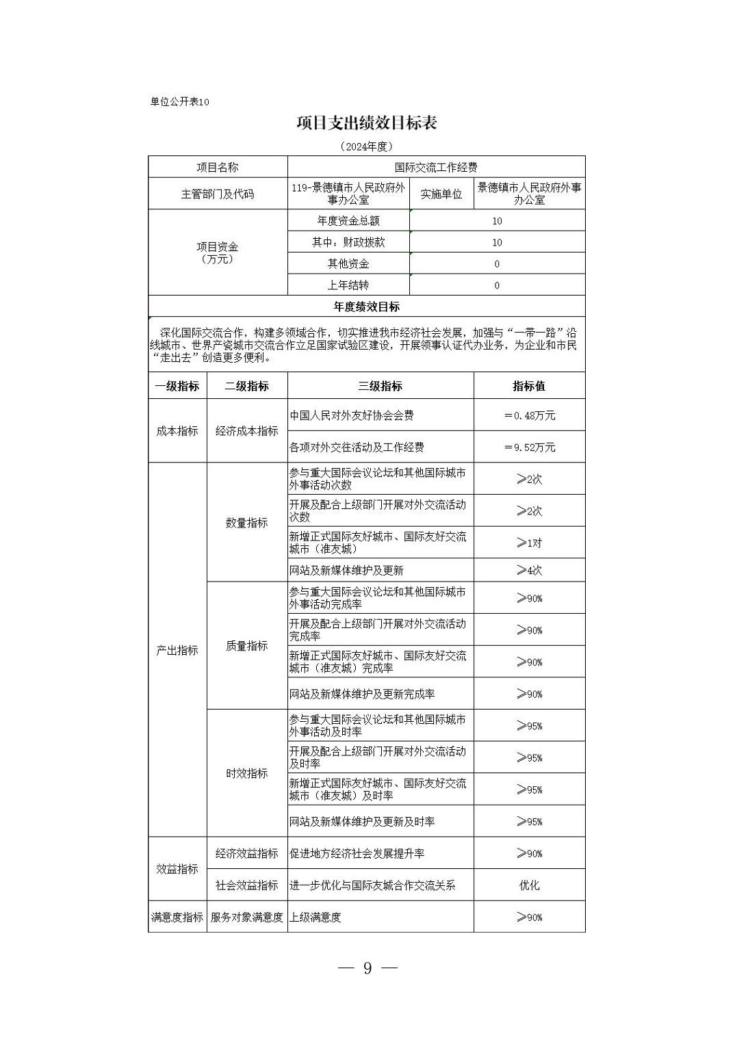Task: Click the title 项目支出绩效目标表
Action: pyautogui.click(x=367, y=123)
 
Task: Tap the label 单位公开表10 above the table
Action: pyautogui.click(x=179, y=102)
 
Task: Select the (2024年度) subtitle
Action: pyautogui.click(x=367, y=146)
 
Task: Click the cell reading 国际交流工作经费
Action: pyautogui.click(x=436, y=167)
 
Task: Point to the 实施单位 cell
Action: pyautogui.click(x=441, y=194)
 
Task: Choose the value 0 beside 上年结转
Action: pyautogui.click(x=497, y=285)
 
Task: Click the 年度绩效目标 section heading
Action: pyautogui.click(x=367, y=307)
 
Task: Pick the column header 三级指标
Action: pyautogui.click(x=380, y=386)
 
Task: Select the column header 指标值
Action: pyautogui.click(x=529, y=386)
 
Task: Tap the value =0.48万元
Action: pyautogui.click(x=529, y=415)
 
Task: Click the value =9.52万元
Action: pyautogui.click(x=529, y=447)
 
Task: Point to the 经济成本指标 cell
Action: pyautogui.click(x=247, y=431)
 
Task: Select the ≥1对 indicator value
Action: pyautogui.click(x=529, y=543)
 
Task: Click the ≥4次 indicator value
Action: pyautogui.click(x=529, y=570)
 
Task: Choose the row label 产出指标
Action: pyautogui.click(x=177, y=650)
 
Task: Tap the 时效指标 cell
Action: pyautogui.click(x=247, y=773)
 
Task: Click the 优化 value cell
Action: pyautogui.click(x=529, y=885)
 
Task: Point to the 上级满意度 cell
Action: pyautogui.click(x=315, y=918)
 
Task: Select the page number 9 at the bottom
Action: pyautogui.click(x=367, y=968)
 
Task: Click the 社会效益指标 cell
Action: pyautogui.click(x=247, y=885)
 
